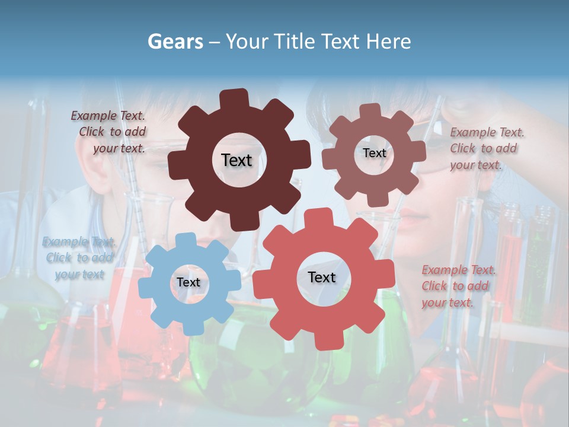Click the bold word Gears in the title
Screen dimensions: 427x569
pos(175,42)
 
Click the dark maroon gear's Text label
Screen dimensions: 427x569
pos(236,160)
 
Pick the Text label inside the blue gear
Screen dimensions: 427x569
pos(188,283)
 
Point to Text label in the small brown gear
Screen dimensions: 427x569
pos(374,153)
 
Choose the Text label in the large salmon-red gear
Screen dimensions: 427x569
pos(322,278)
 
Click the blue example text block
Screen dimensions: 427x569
pos(79,258)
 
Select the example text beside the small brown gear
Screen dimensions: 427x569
pos(485,149)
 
